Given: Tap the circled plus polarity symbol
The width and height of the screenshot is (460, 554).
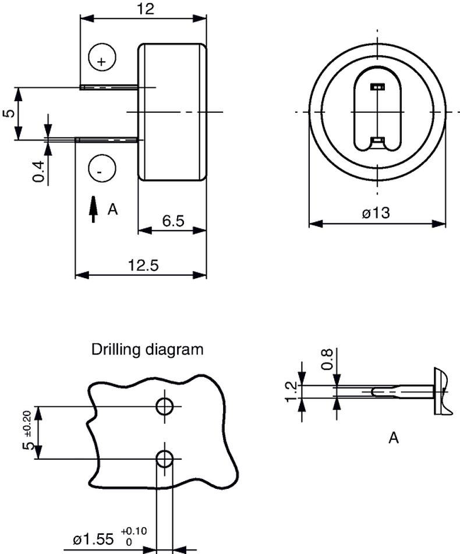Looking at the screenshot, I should [x=102, y=58].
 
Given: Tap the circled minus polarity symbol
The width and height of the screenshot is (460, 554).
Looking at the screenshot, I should [x=101, y=170].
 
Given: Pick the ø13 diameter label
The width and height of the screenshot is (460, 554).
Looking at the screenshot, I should [x=376, y=214].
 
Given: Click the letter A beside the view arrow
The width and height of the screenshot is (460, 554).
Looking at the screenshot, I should [x=113, y=209].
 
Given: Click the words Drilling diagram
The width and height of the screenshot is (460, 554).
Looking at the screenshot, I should [x=148, y=350].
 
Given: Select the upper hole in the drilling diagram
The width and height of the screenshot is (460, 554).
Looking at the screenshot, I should [x=165, y=406].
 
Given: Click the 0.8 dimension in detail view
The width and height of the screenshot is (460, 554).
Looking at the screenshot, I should [x=328, y=358].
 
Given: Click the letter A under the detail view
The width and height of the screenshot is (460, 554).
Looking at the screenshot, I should [x=394, y=438].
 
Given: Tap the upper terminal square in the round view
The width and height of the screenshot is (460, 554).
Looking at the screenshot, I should [x=378, y=87].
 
